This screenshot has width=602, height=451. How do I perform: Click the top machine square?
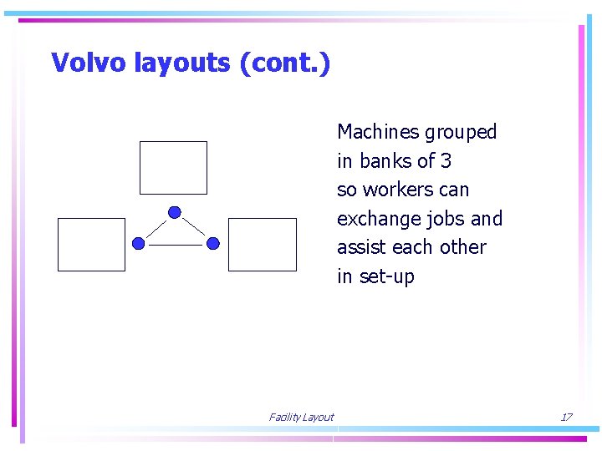pos(173,168)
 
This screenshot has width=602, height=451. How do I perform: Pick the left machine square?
pos(91,245)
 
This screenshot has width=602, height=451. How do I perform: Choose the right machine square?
pos(262,245)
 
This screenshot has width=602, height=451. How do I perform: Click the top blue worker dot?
pos(174,212)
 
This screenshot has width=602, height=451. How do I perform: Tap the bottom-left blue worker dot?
pos(138,244)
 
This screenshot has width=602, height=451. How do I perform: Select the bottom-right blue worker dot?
pos(213,244)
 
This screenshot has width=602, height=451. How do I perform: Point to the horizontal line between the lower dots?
pos(176,245)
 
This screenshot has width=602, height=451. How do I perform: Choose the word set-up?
pos(387,276)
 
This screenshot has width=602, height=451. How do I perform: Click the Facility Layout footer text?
pos(301,418)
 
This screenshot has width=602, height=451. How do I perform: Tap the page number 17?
pos(566,418)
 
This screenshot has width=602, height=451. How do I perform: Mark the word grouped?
pos(461,132)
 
